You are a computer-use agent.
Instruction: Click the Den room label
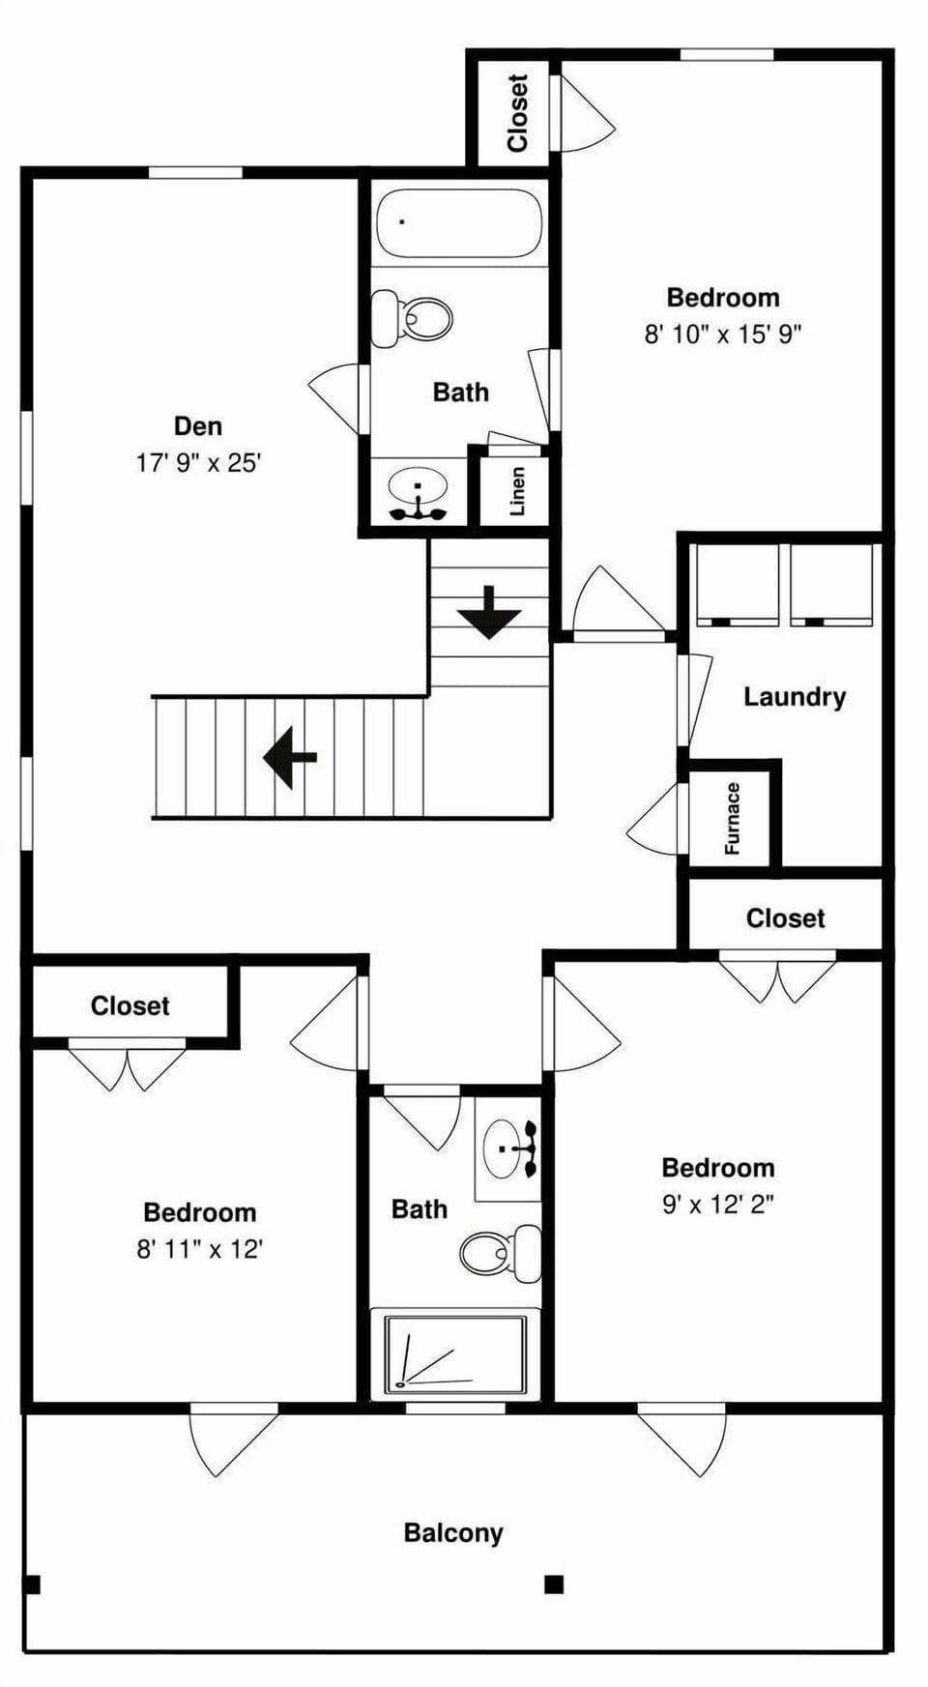[197, 426]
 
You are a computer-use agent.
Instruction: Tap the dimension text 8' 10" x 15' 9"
[723, 334]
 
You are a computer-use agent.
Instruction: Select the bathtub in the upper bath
[458, 224]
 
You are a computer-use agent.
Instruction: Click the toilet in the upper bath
[414, 317]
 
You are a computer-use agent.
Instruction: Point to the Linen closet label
[517, 491]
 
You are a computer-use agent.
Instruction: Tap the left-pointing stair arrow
[290, 757]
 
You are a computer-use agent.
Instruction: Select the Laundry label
[794, 697]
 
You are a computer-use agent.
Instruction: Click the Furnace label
[732, 818]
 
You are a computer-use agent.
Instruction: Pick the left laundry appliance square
[738, 583]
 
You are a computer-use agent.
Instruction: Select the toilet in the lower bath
[499, 1253]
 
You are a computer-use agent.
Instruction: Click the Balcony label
[452, 1533]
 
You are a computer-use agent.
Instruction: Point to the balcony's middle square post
[554, 1585]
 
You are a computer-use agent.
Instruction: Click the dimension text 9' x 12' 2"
[717, 1205]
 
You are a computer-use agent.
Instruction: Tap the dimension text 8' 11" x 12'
[199, 1249]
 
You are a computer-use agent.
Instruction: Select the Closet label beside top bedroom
[517, 113]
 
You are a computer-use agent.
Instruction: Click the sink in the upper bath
[418, 488]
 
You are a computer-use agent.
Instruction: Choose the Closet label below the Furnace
[785, 918]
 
